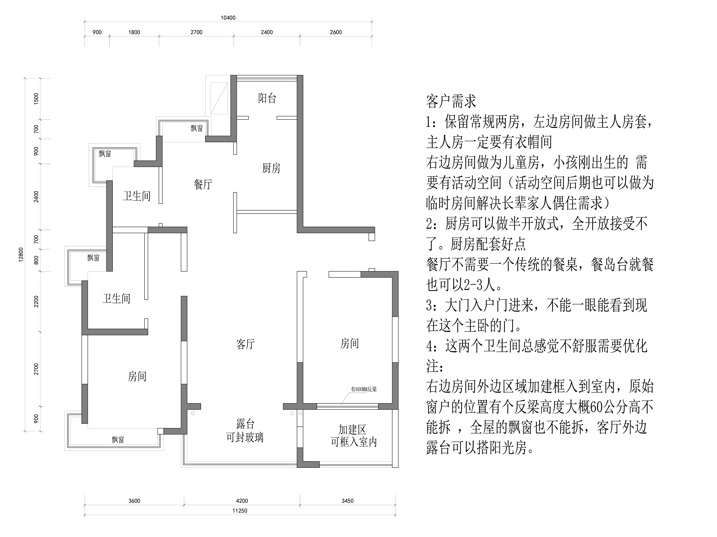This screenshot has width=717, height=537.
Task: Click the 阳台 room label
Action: (x=267, y=98)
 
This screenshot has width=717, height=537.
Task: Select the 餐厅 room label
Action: (x=203, y=184)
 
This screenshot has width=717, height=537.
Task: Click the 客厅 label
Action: (x=245, y=344)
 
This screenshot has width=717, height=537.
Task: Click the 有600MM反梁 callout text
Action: (x=364, y=389)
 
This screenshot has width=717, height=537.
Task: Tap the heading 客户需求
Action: (x=451, y=101)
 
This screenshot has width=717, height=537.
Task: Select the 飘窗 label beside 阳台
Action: (x=196, y=128)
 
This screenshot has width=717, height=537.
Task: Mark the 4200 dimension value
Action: (x=242, y=501)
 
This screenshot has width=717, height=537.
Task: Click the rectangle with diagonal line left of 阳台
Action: (x=219, y=98)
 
